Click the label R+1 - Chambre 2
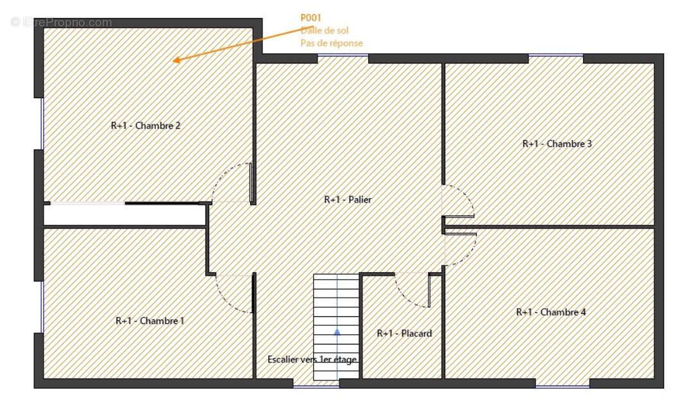pyautogui.click(x=146, y=126)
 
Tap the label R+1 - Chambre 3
pyautogui.click(x=557, y=144)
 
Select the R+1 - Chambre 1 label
pyautogui.click(x=149, y=321)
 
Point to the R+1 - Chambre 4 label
pyautogui.click(x=551, y=312)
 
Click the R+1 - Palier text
pyautogui.click(x=347, y=200)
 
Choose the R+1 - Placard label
pyautogui.click(x=404, y=334)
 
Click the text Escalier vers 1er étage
pyautogui.click(x=312, y=360)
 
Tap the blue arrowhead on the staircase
pyautogui.click(x=336, y=332)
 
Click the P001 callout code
pyautogui.click(x=311, y=18)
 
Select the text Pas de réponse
pyautogui.click(x=331, y=43)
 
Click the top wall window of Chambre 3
pyautogui.click(x=556, y=58)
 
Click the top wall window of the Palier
pyautogui.click(x=343, y=58)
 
